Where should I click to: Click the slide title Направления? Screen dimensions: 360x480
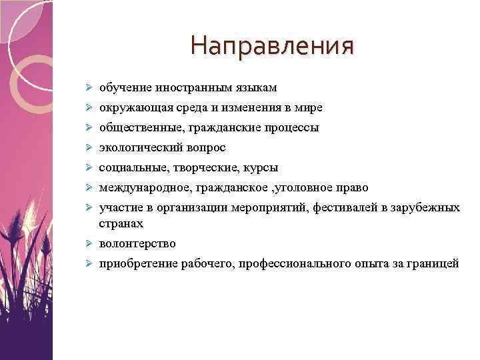(x=272, y=46)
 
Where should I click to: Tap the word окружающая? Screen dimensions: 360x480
(x=131, y=107)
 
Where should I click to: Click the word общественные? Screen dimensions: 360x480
(x=135, y=127)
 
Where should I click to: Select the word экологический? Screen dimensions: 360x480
(x=137, y=147)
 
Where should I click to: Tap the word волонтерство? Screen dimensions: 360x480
(x=137, y=244)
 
